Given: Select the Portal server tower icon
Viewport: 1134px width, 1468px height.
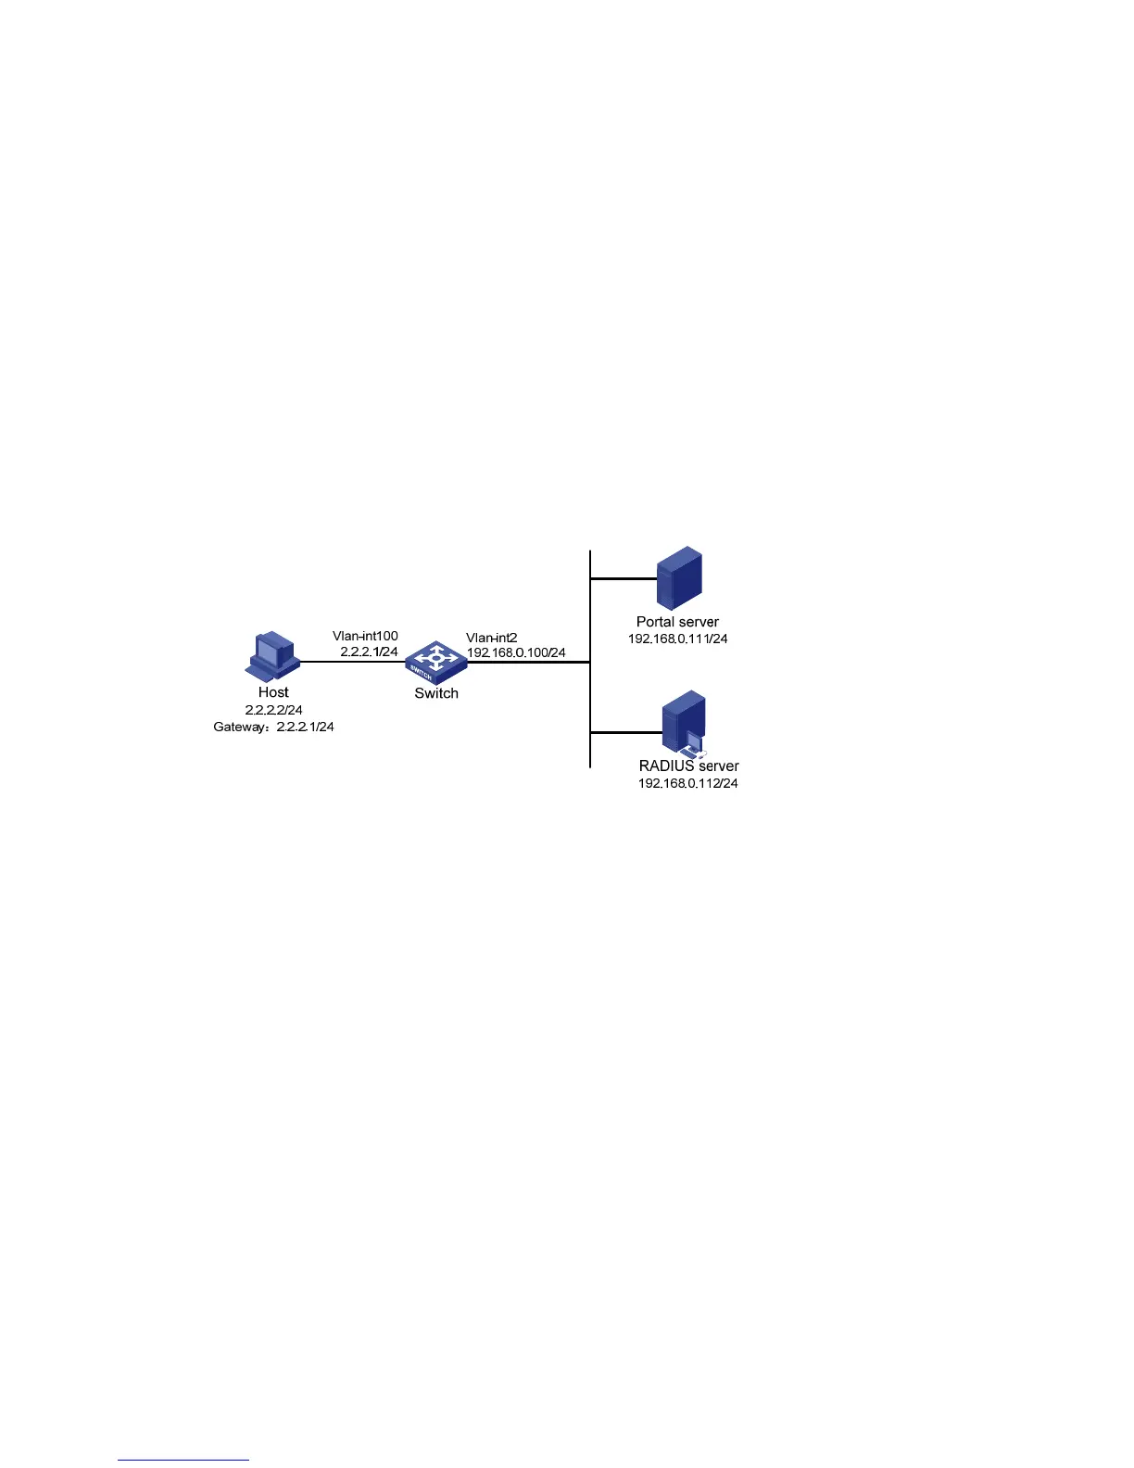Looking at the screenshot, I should pos(678,578).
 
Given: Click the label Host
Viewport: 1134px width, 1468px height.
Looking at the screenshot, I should pos(273,692).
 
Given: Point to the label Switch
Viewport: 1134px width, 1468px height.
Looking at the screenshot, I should pos(436,693).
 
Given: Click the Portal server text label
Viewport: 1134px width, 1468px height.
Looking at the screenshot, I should pos(677,622).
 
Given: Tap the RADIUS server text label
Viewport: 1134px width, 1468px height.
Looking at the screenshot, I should pos(688,766).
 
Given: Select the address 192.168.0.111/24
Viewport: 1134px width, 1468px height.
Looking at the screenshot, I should pos(677,639).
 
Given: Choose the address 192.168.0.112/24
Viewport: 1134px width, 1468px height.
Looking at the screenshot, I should pos(688,783).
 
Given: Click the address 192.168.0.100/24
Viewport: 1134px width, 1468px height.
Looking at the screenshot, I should pos(516,652).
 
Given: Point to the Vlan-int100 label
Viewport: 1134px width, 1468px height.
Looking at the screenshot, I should pos(365,636).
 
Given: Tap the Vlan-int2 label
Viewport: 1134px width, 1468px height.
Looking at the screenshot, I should pos(491,638).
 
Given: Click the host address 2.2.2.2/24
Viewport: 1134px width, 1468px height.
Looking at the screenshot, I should pos(273,710).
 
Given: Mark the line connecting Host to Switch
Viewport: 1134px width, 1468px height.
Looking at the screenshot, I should pos(352,662).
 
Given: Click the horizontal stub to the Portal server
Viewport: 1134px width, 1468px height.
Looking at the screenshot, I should pos(623,578).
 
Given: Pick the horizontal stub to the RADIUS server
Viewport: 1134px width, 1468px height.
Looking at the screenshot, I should pos(625,732).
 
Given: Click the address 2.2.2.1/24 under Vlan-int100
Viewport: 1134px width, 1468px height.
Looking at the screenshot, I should pos(369,652).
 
